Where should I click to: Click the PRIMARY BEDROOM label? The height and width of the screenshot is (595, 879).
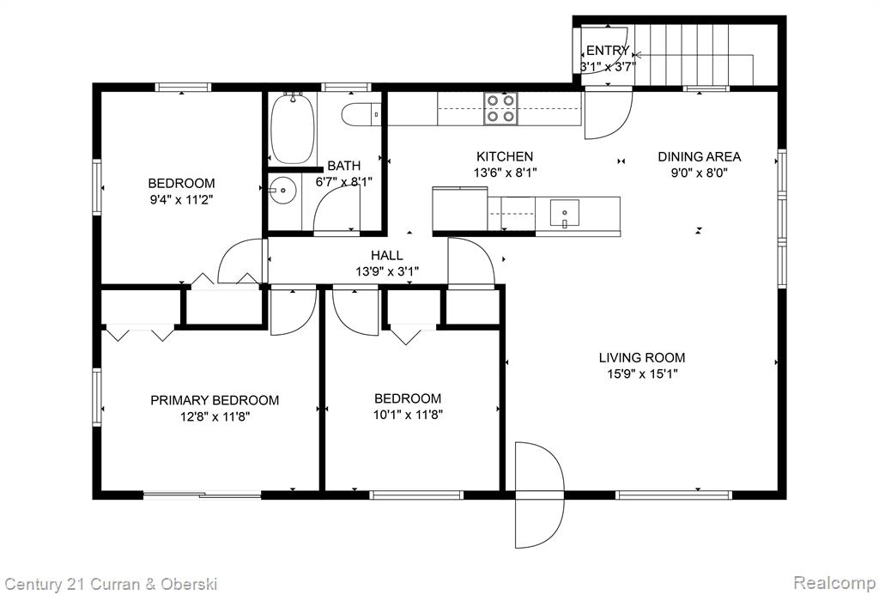pyautogui.click(x=215, y=400)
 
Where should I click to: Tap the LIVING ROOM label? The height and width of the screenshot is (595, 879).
pyautogui.click(x=642, y=358)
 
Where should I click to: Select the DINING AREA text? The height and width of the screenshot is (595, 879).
pyautogui.click(x=699, y=156)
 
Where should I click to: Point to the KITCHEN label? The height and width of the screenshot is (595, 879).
pyautogui.click(x=505, y=156)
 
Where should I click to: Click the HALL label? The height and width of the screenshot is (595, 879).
pyautogui.click(x=387, y=256)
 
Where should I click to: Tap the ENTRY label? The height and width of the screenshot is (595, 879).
pyautogui.click(x=608, y=51)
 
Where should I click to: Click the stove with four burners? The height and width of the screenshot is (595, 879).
pyautogui.click(x=500, y=109)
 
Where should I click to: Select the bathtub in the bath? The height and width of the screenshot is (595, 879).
pyautogui.click(x=292, y=129)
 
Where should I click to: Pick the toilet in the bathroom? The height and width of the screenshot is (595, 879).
pyautogui.click(x=362, y=114)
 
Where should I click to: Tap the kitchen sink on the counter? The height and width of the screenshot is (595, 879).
pyautogui.click(x=565, y=214)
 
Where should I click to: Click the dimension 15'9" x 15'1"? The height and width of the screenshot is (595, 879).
pyautogui.click(x=642, y=374)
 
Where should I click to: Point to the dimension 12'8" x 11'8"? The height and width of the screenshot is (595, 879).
pyautogui.click(x=215, y=416)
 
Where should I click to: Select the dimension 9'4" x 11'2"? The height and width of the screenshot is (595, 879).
pyautogui.click(x=182, y=200)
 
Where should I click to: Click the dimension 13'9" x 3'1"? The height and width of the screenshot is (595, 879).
pyautogui.click(x=387, y=272)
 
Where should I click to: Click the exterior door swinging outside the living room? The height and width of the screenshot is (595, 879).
pyautogui.click(x=540, y=495)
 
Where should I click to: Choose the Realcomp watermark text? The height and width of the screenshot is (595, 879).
pyautogui.click(x=834, y=582)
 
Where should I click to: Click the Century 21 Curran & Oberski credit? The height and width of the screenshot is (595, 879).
pyautogui.click(x=110, y=584)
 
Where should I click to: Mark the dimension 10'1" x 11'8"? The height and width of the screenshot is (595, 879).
pyautogui.click(x=408, y=415)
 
